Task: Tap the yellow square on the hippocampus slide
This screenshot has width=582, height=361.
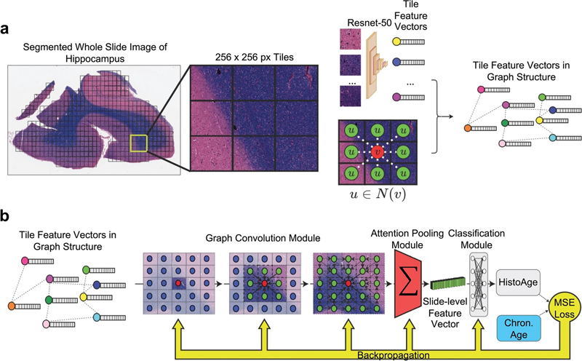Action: (x=137, y=146)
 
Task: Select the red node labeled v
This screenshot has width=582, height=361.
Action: (x=377, y=153)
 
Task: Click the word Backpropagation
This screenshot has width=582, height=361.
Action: (x=392, y=354)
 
